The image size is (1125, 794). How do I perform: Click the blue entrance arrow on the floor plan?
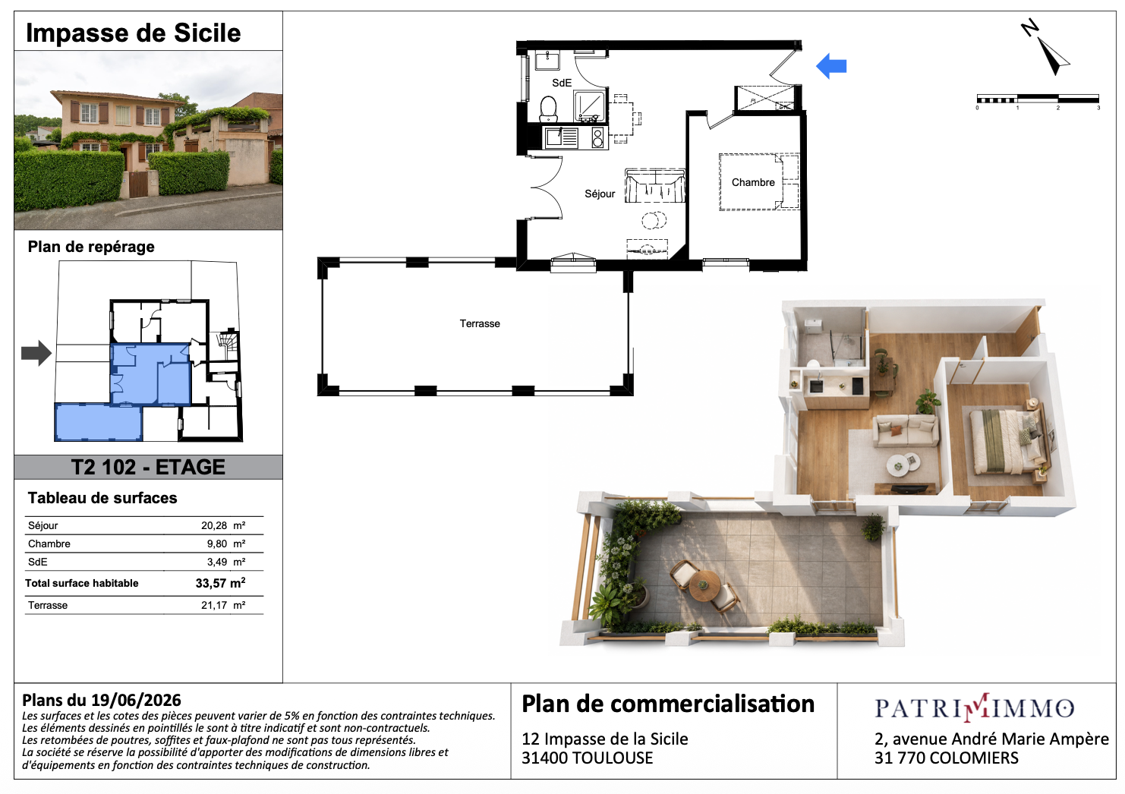coord(831,66)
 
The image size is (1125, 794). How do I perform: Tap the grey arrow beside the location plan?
coord(36,353)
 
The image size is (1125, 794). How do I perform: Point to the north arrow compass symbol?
coord(1046,49)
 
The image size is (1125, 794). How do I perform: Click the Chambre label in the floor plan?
coord(753,182)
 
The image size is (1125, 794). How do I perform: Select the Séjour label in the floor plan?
coord(600,194)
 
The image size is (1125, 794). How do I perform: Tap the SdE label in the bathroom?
coord(562,83)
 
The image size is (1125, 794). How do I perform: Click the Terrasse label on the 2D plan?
coord(480,323)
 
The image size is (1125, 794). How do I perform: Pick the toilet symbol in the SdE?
coord(548,109)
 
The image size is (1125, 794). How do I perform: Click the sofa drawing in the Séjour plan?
coord(655,186)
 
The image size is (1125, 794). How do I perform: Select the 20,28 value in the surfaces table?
coord(214,525)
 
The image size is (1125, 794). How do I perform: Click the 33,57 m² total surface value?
coord(220,583)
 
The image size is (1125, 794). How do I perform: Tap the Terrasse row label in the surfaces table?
coord(48,605)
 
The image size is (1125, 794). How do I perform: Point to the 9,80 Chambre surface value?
coord(217,544)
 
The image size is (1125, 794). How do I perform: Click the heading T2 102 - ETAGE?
coord(148,467)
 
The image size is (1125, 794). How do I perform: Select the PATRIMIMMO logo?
coord(975,707)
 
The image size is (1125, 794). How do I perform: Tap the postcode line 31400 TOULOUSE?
coord(587,758)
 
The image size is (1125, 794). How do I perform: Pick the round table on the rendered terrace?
coord(704,585)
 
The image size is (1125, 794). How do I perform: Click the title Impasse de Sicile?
coord(133,33)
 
